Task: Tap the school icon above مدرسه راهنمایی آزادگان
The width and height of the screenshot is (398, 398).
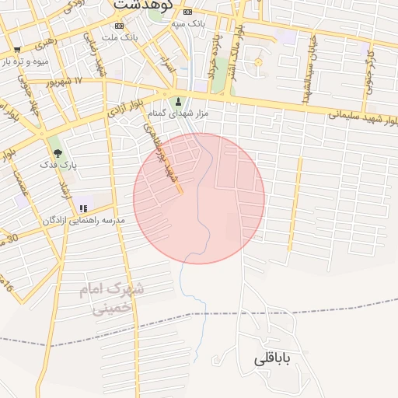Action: [82, 208]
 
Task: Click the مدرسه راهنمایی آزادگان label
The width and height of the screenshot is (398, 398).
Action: [84, 221]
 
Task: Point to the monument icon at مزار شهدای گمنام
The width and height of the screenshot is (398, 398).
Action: [179, 102]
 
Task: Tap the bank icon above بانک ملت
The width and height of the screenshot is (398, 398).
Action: [119, 26]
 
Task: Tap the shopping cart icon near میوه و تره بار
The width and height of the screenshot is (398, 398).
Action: [17, 50]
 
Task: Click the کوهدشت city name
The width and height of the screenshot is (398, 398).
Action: [140, 5]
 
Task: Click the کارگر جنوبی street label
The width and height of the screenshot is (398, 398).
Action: [371, 67]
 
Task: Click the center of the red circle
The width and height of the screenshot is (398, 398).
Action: [199, 198]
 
